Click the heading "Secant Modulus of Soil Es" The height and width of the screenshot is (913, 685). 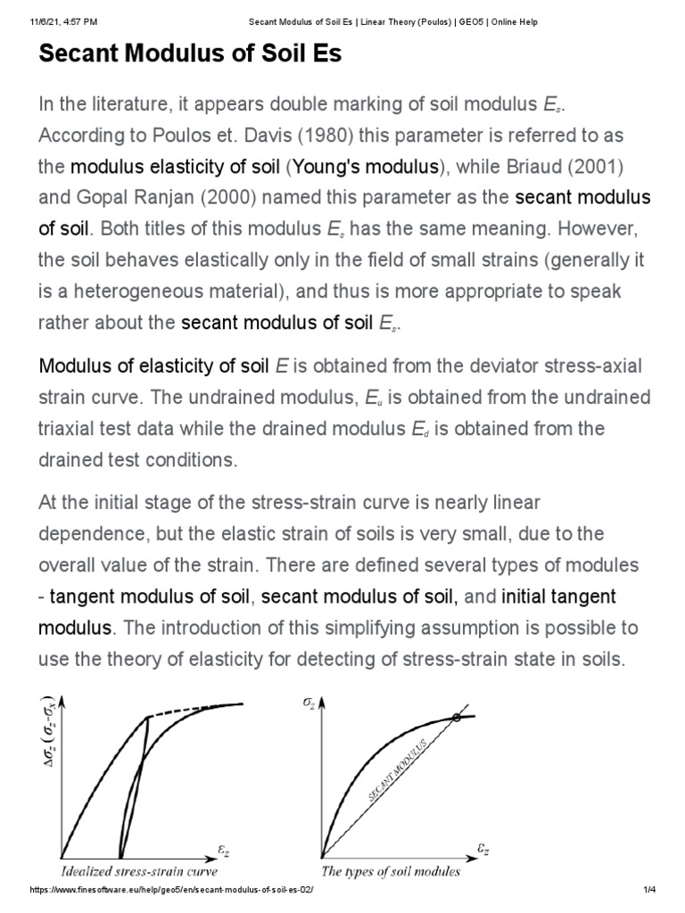click(x=190, y=55)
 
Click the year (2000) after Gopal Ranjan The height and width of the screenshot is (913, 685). click(x=223, y=197)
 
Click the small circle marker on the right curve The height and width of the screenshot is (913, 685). click(x=457, y=718)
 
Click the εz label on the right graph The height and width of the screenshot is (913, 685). click(x=483, y=851)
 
